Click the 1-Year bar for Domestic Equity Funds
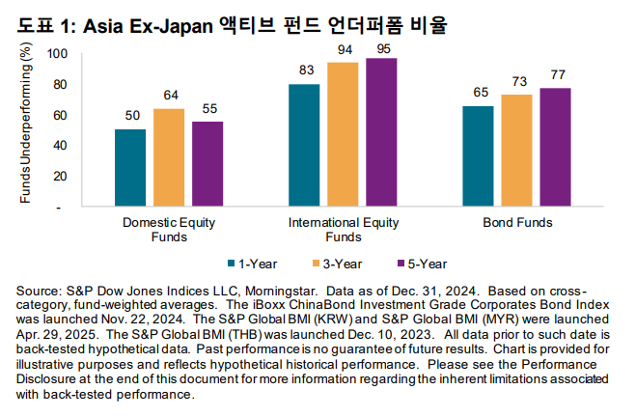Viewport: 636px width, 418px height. tap(130, 168)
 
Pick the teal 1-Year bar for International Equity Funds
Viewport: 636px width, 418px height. tap(305, 145)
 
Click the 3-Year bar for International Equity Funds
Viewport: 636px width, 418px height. tap(344, 134)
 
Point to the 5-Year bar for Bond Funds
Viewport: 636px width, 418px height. tap(555, 148)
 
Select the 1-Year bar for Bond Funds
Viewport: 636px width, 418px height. tap(479, 156)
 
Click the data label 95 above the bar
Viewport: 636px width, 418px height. tap(381, 48)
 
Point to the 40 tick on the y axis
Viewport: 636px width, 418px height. tap(60, 146)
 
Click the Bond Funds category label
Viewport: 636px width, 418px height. tap(516, 222)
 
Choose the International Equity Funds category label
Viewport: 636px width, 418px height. tap(344, 229)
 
